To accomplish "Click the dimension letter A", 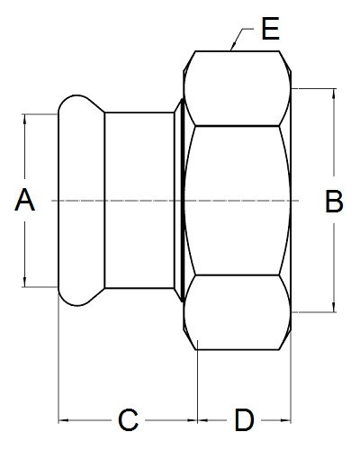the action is tap(25, 200).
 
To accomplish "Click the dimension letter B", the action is tap(334, 202).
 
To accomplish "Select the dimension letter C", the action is tap(128, 419).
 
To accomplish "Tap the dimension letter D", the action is tap(244, 419).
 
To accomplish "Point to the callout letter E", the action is tap(271, 29).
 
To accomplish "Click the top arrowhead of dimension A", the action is tap(25, 118).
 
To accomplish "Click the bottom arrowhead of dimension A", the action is tap(25, 283).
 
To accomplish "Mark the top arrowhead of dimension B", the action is tap(334, 94).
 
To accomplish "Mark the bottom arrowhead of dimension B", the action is tap(334, 308).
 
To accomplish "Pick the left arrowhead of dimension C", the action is tap(63, 420).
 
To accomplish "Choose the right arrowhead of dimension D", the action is tap(286, 420).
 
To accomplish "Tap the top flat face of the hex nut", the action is tap(237, 88).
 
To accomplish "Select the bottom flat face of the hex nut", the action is tap(237, 312).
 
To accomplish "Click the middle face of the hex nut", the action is tap(237, 201).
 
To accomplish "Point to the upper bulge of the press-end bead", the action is tap(78, 104).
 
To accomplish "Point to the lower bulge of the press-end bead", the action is tap(78, 297).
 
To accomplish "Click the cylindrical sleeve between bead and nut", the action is tap(139, 201).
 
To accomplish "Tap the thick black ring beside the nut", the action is tap(183, 201).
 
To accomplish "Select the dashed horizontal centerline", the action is tap(175, 201).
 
